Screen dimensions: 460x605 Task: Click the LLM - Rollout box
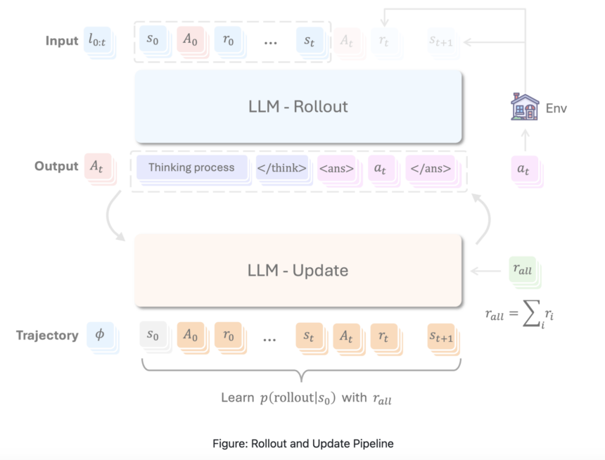tap(298, 107)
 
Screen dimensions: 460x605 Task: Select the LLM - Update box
tap(298, 270)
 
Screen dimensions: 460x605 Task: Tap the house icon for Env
tap(524, 107)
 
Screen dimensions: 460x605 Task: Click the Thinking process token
tap(191, 168)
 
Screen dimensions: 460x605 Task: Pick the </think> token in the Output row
tap(281, 168)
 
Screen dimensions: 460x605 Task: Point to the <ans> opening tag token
tap(336, 168)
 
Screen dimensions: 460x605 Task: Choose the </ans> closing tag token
tap(429, 168)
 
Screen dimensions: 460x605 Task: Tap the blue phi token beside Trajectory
tap(99, 335)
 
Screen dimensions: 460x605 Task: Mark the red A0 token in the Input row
tap(190, 41)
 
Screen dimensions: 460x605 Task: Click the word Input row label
tap(62, 41)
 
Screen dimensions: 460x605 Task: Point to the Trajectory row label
tap(47, 336)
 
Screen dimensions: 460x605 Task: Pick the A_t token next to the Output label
tap(96, 167)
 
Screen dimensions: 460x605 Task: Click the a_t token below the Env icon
tap(523, 169)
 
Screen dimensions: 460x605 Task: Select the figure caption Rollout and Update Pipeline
tap(302, 444)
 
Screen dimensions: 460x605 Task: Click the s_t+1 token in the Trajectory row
tap(442, 336)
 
